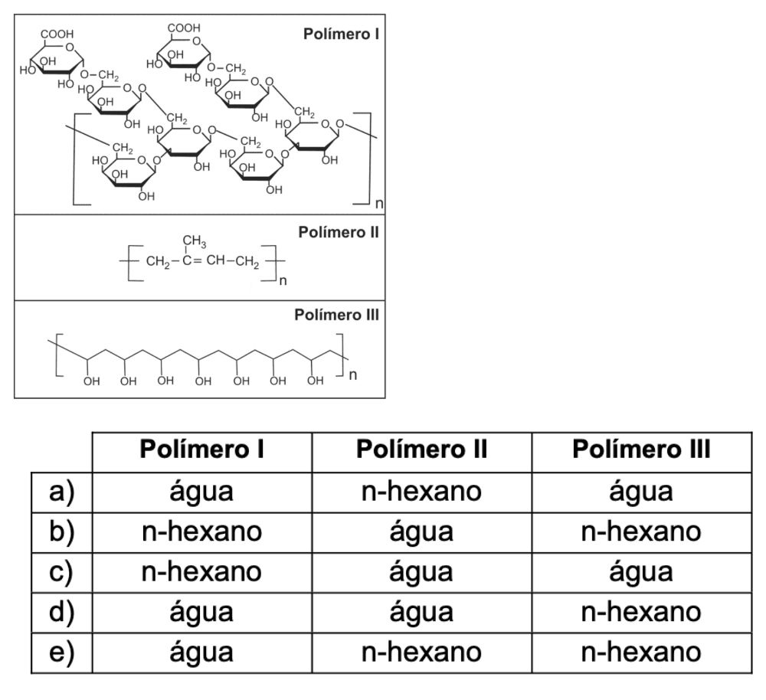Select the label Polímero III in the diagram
click(x=337, y=315)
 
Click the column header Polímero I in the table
click(x=202, y=450)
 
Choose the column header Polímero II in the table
click(x=421, y=450)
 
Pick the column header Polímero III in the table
click(x=642, y=450)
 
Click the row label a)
click(x=62, y=491)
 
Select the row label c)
click(x=62, y=571)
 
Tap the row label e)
click(x=62, y=652)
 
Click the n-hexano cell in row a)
click(x=421, y=491)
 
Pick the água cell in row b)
click(x=421, y=532)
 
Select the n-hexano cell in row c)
click(x=202, y=571)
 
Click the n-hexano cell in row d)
click(x=642, y=612)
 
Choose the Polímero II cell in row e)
click(x=421, y=652)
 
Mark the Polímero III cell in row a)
click(x=642, y=491)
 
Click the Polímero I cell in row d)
click(x=202, y=612)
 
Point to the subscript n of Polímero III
click(x=352, y=375)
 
